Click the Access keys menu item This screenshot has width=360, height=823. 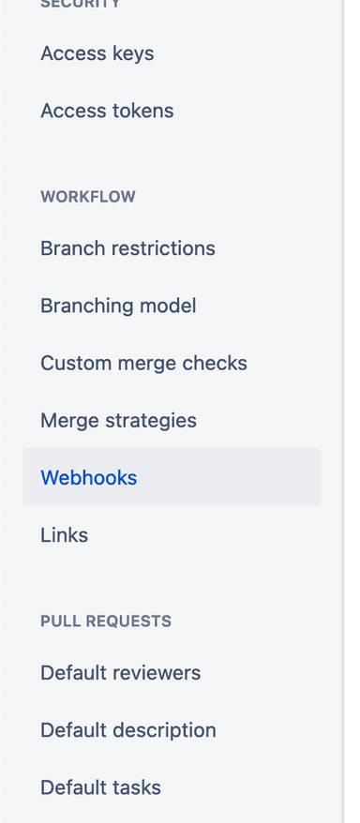coord(97,53)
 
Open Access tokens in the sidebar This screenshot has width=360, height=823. coord(107,111)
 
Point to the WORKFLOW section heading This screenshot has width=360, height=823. coord(87,197)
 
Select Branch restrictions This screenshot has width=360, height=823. coord(127,248)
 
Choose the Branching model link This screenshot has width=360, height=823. coord(118,306)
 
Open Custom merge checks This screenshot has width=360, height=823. coord(143,363)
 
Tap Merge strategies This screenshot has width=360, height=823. coord(118,420)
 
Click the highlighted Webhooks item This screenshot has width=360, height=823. coord(89,477)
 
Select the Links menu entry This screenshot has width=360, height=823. coord(64,535)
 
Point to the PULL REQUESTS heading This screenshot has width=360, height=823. coord(105,621)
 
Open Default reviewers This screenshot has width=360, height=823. coord(120,673)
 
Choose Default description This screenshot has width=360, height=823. coord(127,730)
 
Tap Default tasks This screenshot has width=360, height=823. coord(100,787)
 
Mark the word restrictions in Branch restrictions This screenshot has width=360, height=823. coord(162,248)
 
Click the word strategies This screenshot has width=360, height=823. coord(153,420)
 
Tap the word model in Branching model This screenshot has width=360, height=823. coord(170,306)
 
